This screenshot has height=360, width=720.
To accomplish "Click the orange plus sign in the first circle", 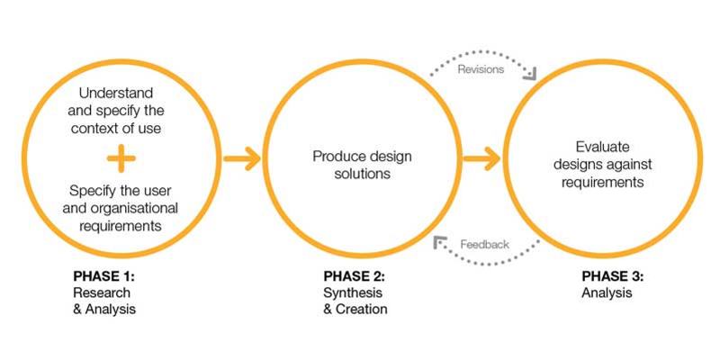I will pos(121,159).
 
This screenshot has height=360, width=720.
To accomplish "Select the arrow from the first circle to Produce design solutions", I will pos(241,159).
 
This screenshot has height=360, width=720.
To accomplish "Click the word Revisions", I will pos(480,69).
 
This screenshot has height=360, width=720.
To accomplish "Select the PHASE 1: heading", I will pos(103,277).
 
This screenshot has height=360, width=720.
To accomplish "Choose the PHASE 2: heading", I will pos(352,277).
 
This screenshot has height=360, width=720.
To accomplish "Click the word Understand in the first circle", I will pos(116,94).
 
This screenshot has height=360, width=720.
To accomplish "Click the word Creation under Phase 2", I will pos(361,310).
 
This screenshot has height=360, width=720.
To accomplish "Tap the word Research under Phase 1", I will pos(101,293).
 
